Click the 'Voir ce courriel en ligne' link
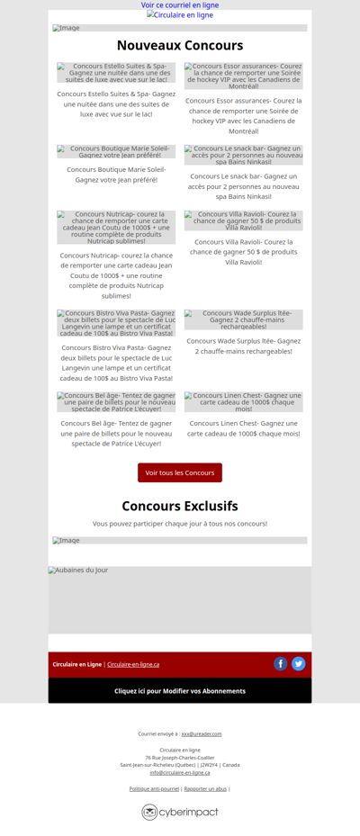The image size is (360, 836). (x=180, y=5)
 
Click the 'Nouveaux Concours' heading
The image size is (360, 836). (x=180, y=45)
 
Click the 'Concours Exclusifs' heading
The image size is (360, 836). (x=180, y=506)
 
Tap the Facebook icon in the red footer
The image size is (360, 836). (x=281, y=663)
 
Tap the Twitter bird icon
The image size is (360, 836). (x=299, y=663)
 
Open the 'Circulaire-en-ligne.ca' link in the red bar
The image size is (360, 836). (x=133, y=664)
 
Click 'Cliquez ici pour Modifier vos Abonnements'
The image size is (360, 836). (x=180, y=691)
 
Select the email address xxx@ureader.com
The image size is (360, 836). (x=202, y=733)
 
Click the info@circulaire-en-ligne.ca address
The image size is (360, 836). (x=180, y=772)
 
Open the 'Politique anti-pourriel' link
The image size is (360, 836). (x=154, y=788)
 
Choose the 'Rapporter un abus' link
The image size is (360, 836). (x=205, y=788)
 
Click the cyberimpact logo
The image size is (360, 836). (x=180, y=812)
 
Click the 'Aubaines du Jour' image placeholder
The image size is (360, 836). (x=180, y=600)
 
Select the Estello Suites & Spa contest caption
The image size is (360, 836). (x=116, y=103)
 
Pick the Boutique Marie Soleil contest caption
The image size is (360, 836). (x=116, y=174)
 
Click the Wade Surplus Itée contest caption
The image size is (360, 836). (x=244, y=346)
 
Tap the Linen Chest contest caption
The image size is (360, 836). (x=244, y=427)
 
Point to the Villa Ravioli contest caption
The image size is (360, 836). (x=244, y=251)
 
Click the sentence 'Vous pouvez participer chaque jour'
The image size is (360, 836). (x=180, y=523)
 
